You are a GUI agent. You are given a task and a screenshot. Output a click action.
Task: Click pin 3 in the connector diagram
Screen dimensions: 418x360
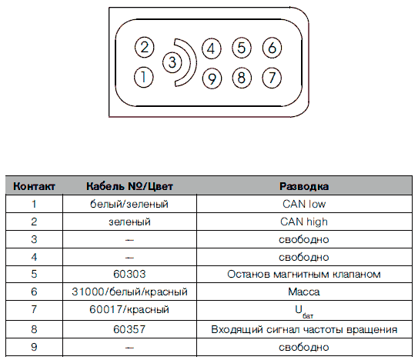point(172,62)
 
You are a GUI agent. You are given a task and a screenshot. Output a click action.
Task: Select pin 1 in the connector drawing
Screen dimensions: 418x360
point(144,77)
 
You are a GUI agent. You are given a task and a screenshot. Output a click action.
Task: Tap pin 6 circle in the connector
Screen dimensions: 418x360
point(272,48)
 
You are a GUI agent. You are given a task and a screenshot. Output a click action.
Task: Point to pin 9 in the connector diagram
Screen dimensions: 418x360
point(212,78)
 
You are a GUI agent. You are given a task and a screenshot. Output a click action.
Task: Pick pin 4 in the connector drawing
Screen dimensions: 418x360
point(212,48)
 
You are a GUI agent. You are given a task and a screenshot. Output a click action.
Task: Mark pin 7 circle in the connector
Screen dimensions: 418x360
point(272,78)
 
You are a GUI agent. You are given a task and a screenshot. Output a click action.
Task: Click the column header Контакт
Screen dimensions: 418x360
point(34,186)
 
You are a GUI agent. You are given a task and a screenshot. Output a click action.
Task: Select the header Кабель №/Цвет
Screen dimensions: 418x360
point(129,186)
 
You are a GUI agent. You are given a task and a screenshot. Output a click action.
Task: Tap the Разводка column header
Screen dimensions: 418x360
point(304,186)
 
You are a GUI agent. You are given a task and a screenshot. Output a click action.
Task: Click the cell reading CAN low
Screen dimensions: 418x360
point(304,204)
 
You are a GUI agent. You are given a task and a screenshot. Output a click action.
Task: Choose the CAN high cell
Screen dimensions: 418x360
point(304,222)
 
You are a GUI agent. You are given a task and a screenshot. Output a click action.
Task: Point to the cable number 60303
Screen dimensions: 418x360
point(129,274)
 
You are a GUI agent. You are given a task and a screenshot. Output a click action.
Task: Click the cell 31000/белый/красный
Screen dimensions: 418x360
point(129,292)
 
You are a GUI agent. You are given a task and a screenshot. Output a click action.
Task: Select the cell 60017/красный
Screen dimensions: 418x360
point(129,309)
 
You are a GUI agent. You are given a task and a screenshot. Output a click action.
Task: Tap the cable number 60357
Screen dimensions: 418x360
point(129,329)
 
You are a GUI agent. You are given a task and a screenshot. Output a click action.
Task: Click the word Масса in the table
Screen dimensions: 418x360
point(304,292)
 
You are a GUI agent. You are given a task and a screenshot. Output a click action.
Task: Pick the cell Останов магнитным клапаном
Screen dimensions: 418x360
point(304,274)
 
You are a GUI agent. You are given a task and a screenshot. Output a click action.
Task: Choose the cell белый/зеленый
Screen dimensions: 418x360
point(129,204)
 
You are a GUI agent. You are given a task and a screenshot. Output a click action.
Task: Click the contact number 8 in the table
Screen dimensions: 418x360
point(34,329)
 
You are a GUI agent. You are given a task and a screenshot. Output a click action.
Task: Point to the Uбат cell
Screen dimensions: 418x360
point(304,312)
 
